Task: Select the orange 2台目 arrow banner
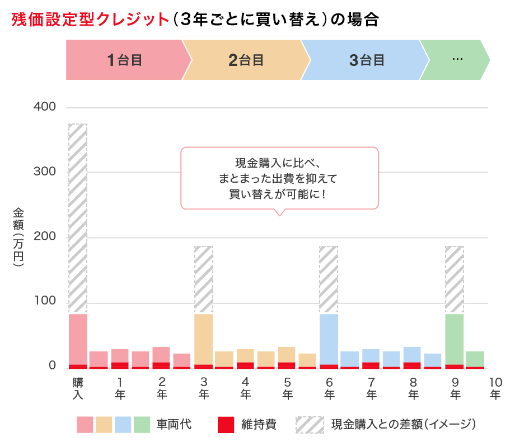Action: coord(246,60)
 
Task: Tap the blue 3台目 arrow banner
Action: coord(367,60)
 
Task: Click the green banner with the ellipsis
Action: coord(456,60)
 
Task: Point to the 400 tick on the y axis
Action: coord(45,107)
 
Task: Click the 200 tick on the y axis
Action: coord(45,237)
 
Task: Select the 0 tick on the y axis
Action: coord(52,366)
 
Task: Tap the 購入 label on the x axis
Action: coord(78,388)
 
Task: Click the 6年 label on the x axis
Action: coord(329,388)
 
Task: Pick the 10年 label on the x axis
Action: coord(495,388)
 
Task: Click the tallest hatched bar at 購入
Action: coord(78,218)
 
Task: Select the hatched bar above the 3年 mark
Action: coord(204,279)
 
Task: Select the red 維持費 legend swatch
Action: coord(225,425)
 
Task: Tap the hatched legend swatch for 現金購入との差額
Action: coord(310,425)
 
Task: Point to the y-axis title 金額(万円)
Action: coord(19,237)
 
